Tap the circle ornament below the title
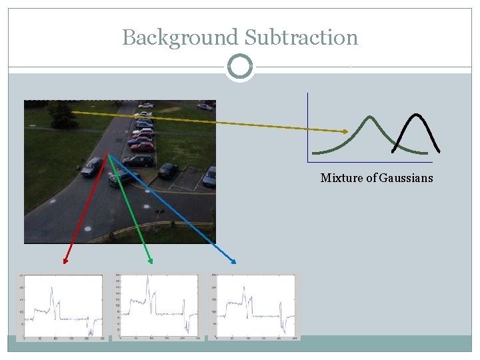click(x=240, y=67)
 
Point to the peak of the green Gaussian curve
click(x=369, y=117)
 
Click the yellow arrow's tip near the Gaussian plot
click(x=347, y=131)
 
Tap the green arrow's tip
click(x=151, y=262)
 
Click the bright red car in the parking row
click(x=143, y=147)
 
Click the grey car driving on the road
click(x=92, y=166)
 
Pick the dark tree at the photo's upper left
click(x=62, y=115)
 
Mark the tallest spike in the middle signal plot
click(x=147, y=281)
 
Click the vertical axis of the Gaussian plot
click(x=308, y=127)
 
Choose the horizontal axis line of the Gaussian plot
click(x=370, y=162)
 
